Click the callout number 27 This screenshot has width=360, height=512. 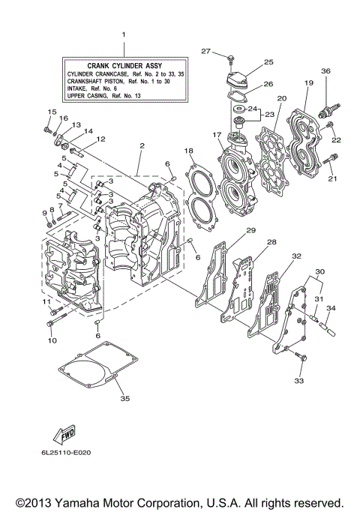tap(205, 50)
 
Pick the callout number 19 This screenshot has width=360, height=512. tap(309, 83)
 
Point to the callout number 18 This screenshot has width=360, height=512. tap(189, 151)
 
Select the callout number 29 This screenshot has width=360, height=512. tap(251, 230)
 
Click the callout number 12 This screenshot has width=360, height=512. tap(100, 139)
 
